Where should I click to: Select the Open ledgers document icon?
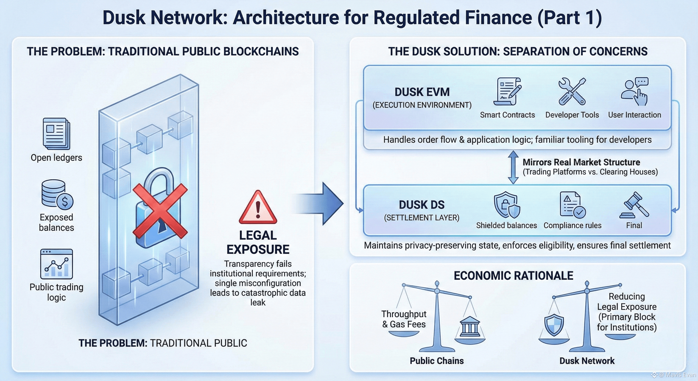56,133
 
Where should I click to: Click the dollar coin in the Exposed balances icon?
65,201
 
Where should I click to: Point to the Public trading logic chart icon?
56,264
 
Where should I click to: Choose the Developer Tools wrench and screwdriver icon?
572,92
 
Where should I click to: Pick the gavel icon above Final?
634,205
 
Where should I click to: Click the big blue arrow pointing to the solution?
322,203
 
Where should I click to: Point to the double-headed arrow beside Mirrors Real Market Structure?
513,167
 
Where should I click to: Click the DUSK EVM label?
422,92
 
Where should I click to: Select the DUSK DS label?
422,205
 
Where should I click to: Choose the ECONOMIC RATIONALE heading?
514,276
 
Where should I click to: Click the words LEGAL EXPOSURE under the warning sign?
258,242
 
